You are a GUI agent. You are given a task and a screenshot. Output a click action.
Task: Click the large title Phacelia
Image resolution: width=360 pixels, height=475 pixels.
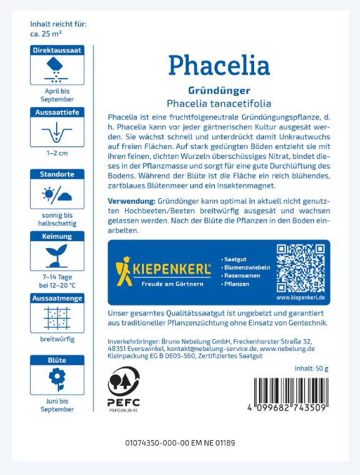(219, 65)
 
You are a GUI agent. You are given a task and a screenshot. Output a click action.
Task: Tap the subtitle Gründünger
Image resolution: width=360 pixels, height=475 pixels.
(219, 90)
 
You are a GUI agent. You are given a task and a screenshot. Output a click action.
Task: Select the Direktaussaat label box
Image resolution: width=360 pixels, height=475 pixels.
(57, 50)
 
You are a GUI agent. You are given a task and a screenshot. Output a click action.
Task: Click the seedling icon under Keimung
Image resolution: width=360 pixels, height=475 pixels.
(57, 256)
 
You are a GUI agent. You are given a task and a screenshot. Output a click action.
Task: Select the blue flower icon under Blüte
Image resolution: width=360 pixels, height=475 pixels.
(57, 381)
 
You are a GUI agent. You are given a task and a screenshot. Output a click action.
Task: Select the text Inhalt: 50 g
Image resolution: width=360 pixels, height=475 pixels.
(311, 370)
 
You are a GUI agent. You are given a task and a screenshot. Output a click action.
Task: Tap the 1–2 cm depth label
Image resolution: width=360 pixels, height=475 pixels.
(57, 153)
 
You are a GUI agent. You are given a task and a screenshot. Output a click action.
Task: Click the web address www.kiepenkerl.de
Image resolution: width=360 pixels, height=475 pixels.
(301, 297)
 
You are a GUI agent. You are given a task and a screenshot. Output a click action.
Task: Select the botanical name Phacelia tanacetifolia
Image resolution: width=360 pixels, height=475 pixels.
(219, 103)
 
